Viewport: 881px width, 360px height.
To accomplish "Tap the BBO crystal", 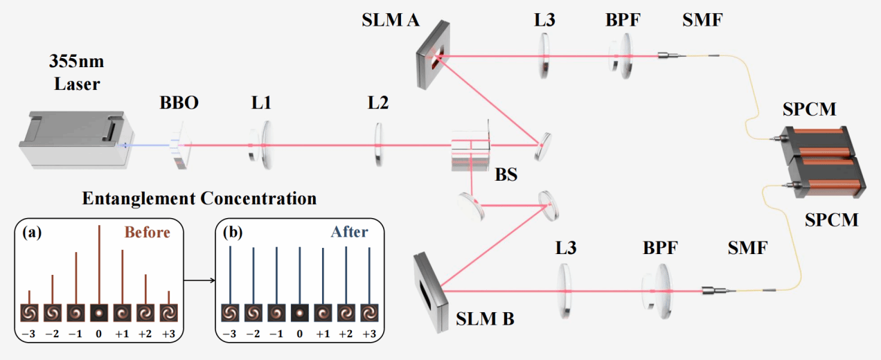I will coord(182,147).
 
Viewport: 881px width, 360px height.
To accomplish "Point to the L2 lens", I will coord(378,145).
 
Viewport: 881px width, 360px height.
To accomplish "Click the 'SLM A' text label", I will coord(391,19).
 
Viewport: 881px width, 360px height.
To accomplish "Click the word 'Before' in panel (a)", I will coord(147,233).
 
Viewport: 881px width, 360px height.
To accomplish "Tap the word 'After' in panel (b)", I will coord(350,233).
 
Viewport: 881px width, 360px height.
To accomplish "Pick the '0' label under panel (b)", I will coord(300,335).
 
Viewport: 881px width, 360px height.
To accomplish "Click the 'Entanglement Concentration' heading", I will coord(199,199).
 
